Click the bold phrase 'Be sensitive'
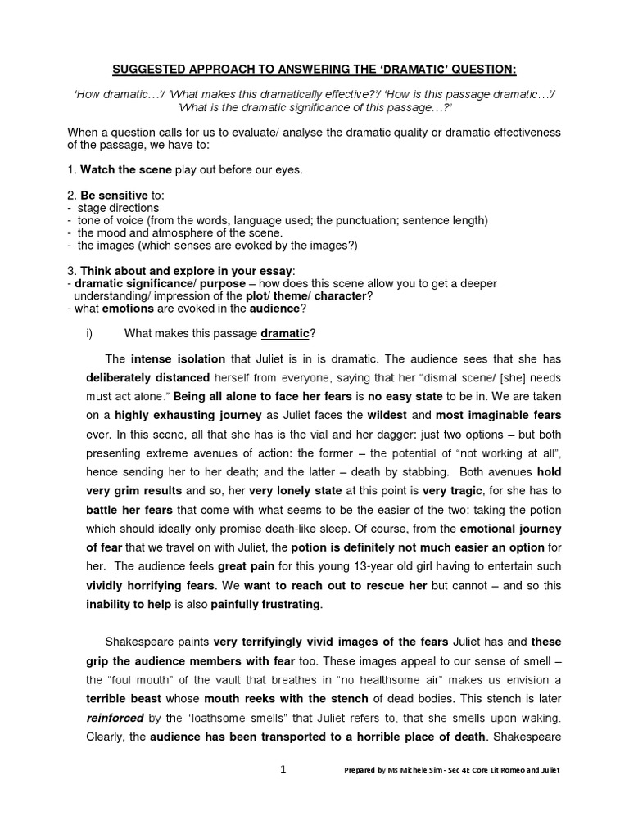coord(115,196)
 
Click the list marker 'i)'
coord(89,333)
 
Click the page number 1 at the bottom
coord(283,769)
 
